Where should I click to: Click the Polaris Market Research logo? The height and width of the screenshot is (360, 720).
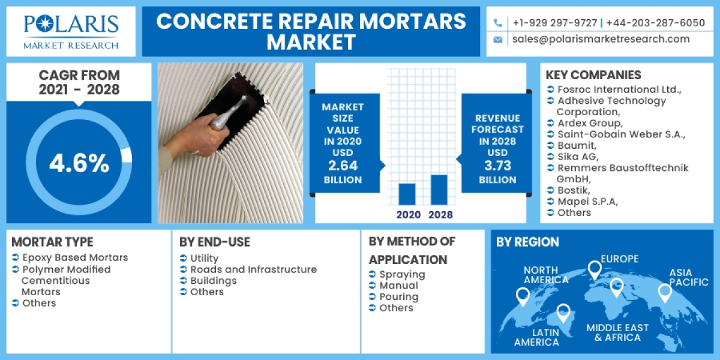[71, 31]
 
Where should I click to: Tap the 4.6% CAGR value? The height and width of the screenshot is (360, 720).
[79, 163]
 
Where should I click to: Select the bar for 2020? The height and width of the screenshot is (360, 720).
[407, 194]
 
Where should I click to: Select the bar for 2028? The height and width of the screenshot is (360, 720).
[439, 190]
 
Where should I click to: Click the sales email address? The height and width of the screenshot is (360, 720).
[601, 39]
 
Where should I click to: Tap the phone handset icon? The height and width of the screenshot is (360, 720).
[498, 23]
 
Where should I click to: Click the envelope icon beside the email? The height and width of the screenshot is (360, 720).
[498, 40]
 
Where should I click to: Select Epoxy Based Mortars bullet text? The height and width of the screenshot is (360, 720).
[75, 257]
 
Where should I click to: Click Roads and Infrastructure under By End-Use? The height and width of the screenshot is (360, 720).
[253, 269]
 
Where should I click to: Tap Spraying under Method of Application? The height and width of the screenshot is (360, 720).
[402, 274]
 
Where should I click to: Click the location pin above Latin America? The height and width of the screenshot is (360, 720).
[563, 313]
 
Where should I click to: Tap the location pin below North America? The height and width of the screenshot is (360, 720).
[523, 296]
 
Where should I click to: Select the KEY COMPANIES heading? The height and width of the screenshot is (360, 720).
[593, 75]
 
